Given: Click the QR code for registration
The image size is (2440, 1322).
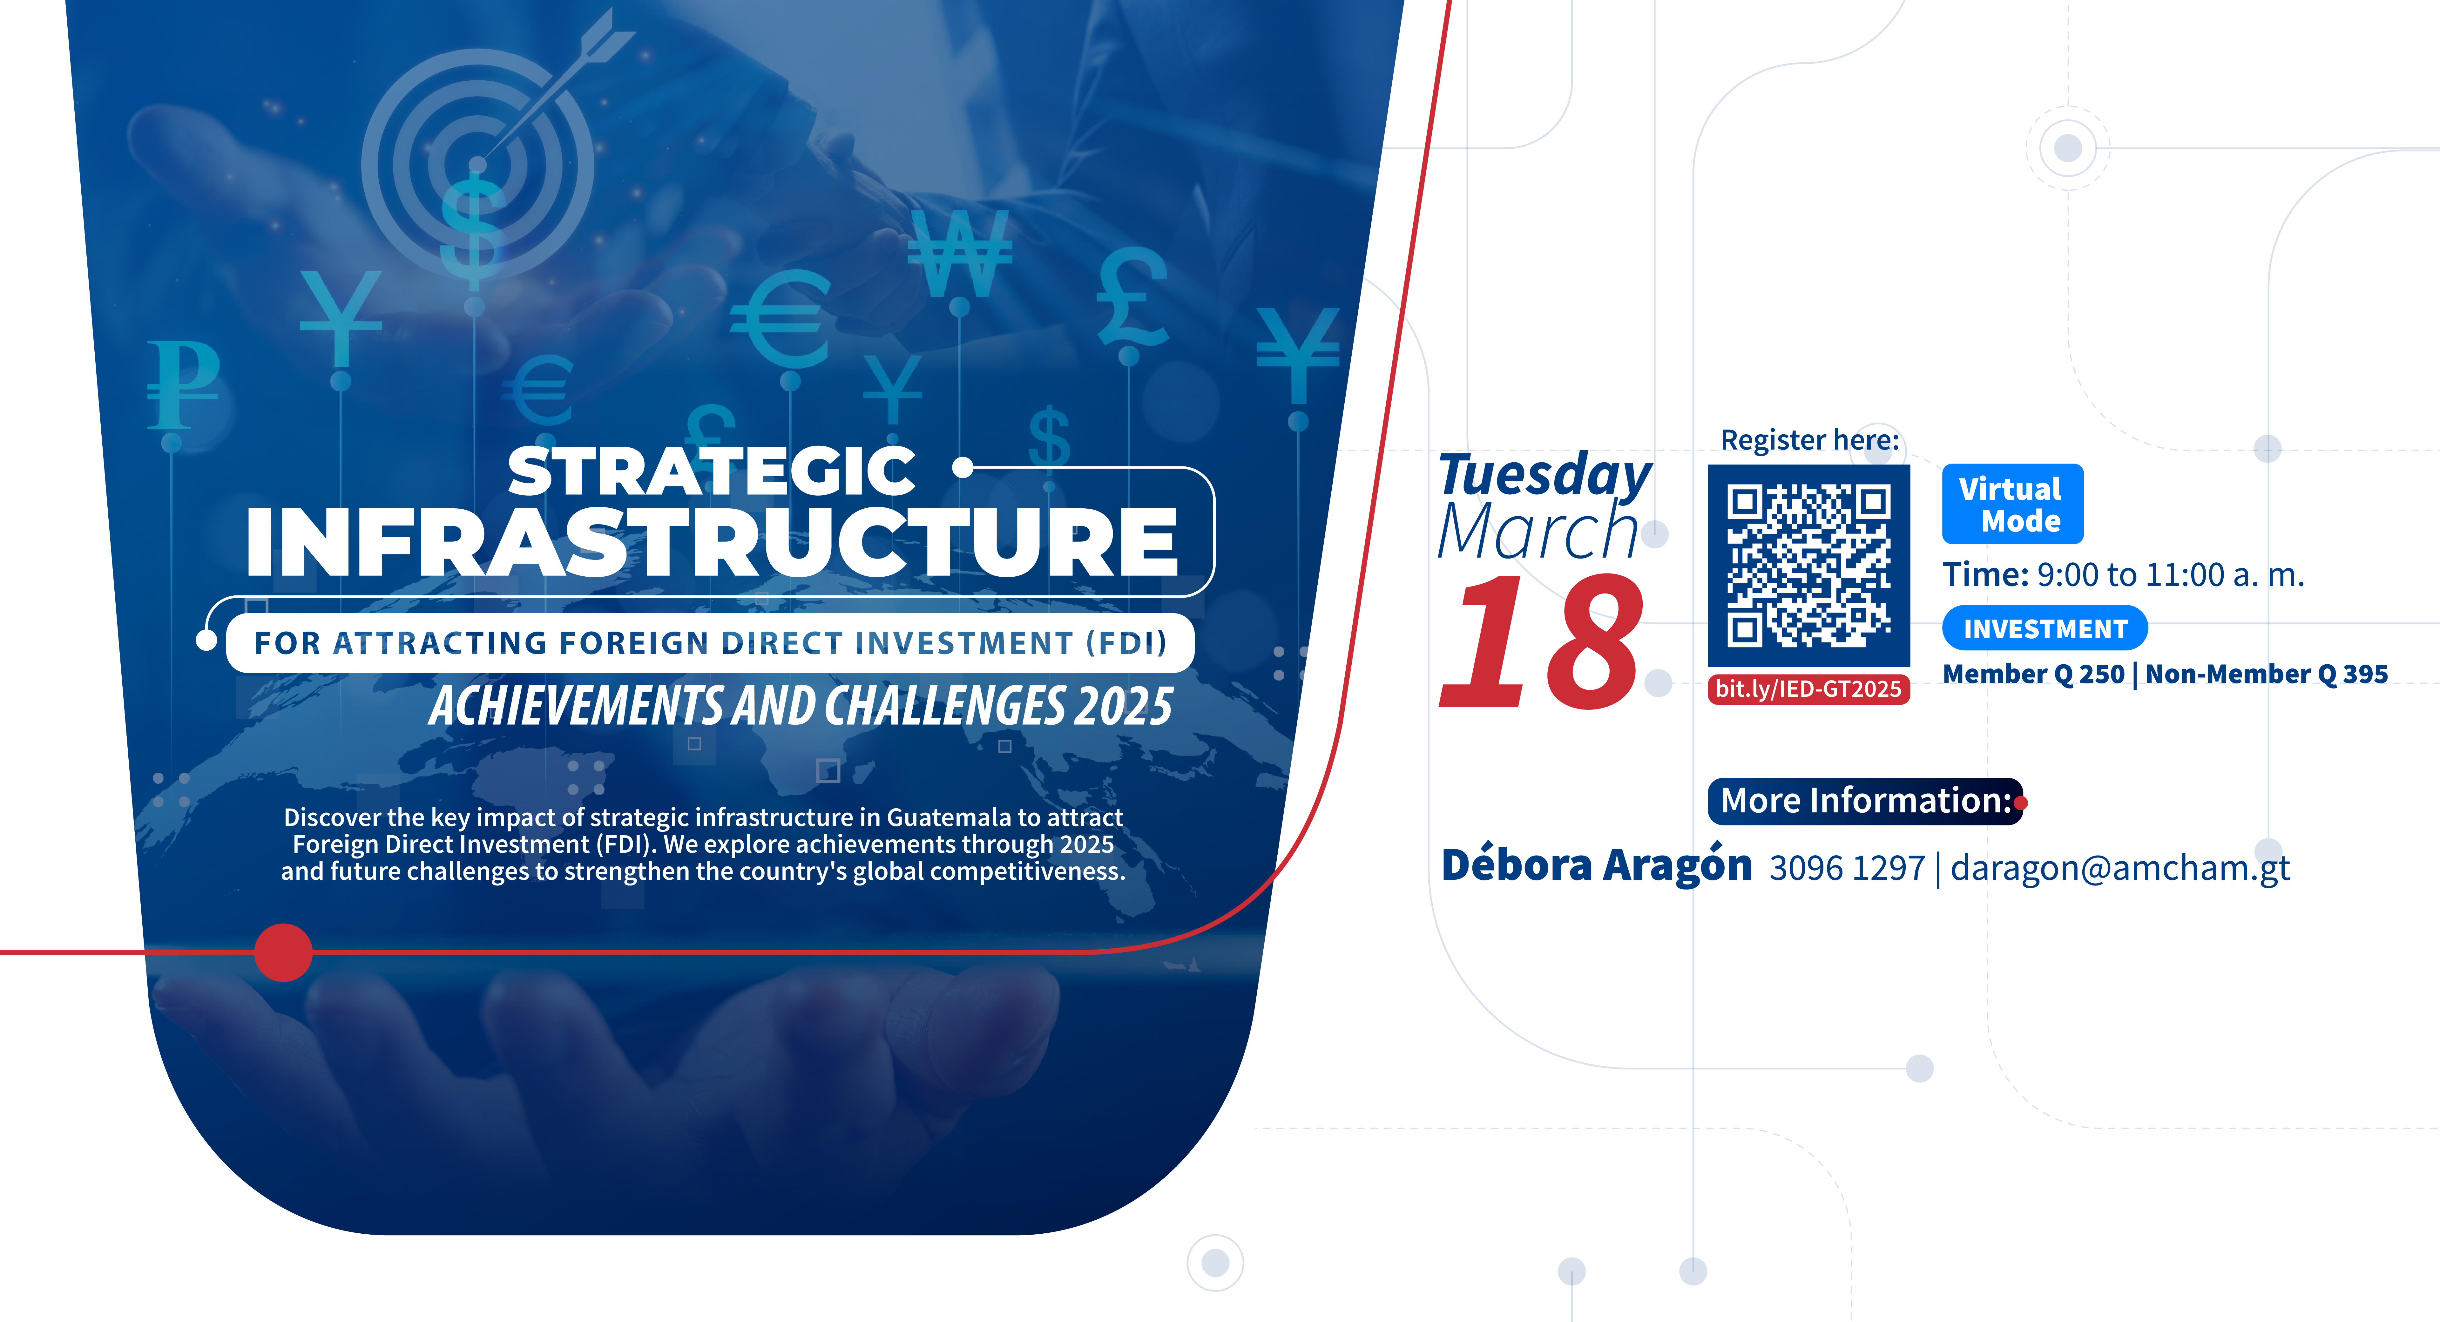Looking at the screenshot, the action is pyautogui.click(x=1808, y=566).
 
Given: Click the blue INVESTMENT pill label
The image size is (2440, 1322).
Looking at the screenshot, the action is pyautogui.click(x=2044, y=628).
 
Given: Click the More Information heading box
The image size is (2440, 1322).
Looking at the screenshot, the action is pyautogui.click(x=1865, y=801).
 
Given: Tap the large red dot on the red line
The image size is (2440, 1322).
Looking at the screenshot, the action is pyautogui.click(x=283, y=952).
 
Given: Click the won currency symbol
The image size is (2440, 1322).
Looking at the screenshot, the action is pyautogui.click(x=960, y=253).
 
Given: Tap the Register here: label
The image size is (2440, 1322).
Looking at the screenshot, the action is pyautogui.click(x=1809, y=440).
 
